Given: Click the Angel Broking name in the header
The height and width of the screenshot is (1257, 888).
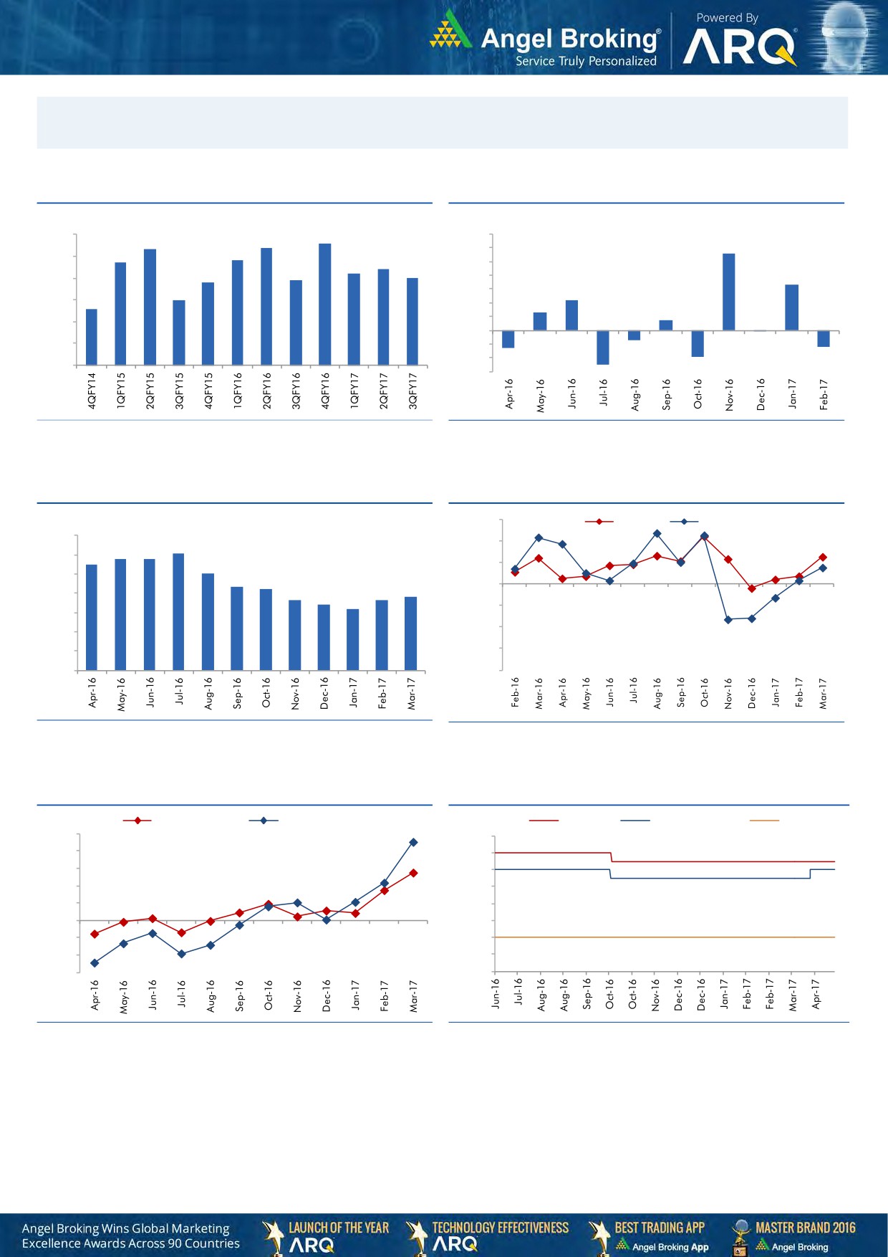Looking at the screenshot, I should click(x=569, y=39).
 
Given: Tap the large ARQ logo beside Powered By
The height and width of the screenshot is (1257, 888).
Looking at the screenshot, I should click(x=739, y=48).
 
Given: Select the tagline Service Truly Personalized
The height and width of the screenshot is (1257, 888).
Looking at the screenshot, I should click(x=586, y=62).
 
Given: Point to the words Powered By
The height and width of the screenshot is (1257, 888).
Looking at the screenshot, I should click(x=727, y=18).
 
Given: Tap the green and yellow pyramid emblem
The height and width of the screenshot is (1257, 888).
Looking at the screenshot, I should click(x=450, y=31).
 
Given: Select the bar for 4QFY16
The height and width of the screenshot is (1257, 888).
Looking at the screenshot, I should click(x=324, y=304).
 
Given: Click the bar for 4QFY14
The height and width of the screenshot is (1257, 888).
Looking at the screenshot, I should click(x=92, y=337).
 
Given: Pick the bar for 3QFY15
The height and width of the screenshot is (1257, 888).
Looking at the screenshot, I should click(x=179, y=333).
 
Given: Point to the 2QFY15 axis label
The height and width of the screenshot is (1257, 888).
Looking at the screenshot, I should click(x=150, y=391).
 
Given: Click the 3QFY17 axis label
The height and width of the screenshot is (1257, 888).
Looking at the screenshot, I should click(x=412, y=391).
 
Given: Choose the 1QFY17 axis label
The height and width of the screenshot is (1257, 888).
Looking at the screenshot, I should click(x=354, y=391).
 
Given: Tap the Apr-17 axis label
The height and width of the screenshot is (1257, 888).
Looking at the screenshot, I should click(x=816, y=995).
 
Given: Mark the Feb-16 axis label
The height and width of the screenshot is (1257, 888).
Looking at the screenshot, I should click(x=515, y=692).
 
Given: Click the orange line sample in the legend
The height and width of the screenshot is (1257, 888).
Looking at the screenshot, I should click(x=763, y=820).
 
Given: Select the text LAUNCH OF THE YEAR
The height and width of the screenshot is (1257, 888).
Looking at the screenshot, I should click(x=339, y=1228).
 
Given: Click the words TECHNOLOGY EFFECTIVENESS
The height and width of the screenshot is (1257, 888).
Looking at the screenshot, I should click(x=501, y=1228).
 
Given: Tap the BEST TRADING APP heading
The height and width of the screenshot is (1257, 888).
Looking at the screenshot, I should click(x=660, y=1228).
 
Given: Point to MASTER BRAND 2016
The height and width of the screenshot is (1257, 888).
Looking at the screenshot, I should click(x=806, y=1228).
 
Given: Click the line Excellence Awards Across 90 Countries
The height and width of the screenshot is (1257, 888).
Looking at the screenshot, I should click(x=131, y=1243).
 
